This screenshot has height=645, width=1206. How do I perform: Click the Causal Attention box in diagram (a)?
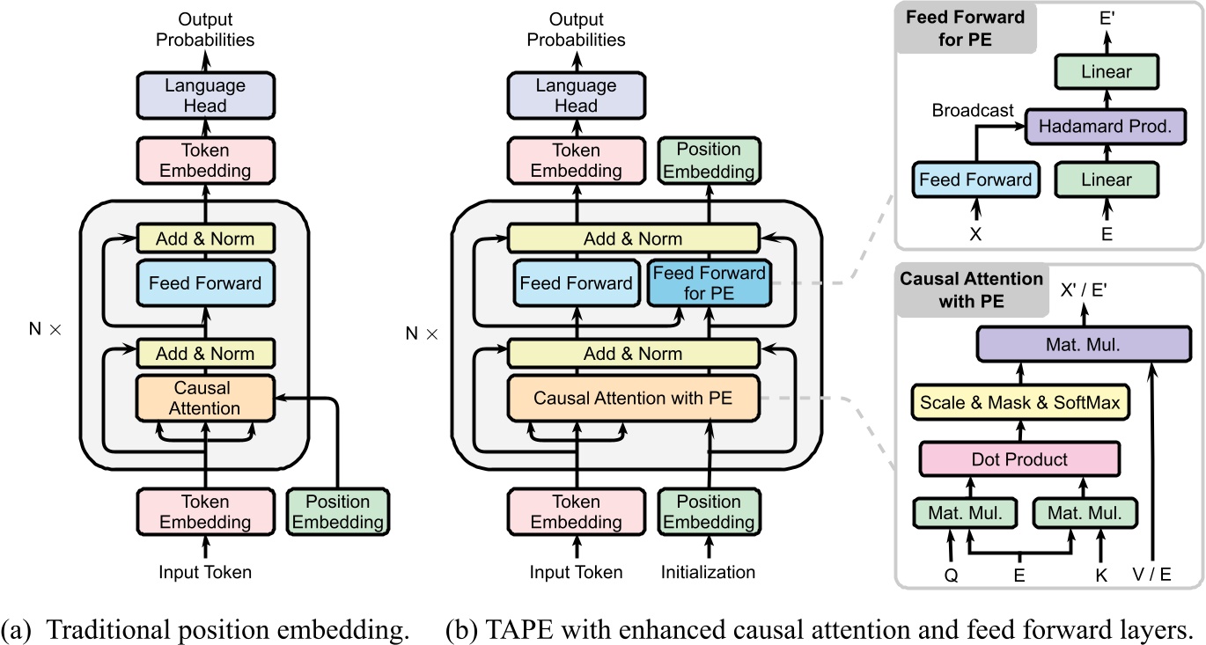click(202, 398)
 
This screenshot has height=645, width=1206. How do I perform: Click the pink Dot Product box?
click(1018, 458)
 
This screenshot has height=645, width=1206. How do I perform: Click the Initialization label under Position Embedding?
click(708, 572)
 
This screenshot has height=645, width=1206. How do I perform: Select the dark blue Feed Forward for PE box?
click(708, 283)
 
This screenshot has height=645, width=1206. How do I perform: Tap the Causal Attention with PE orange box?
click(632, 398)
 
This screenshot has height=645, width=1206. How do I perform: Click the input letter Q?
click(950, 575)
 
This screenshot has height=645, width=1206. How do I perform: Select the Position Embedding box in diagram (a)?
click(337, 511)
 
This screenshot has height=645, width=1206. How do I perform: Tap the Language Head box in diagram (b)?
click(575, 95)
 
